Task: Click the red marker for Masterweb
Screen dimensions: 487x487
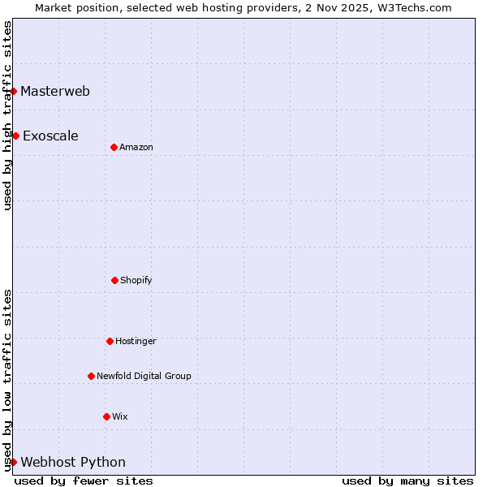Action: [x=14, y=91]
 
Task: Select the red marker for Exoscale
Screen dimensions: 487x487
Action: [x=15, y=136]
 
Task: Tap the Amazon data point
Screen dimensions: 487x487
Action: [x=114, y=147]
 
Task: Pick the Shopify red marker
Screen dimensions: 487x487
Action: [x=114, y=280]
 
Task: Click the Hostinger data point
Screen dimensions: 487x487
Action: [x=110, y=341]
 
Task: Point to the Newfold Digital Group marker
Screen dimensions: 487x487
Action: [x=91, y=376]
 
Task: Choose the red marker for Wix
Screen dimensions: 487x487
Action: [x=106, y=416]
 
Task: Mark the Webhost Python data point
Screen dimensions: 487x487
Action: [x=14, y=462]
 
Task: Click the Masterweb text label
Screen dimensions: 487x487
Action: [x=55, y=91]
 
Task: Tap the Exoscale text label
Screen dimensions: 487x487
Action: [x=50, y=136]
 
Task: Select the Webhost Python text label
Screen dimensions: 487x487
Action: [x=73, y=463]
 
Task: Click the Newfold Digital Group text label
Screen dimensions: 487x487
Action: [x=144, y=376]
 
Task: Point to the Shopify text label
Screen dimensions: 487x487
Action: [x=136, y=280]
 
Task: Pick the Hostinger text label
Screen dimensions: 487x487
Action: [x=136, y=341]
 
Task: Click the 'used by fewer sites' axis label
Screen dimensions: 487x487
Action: [x=84, y=481]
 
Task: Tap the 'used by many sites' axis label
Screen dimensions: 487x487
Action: [x=407, y=481]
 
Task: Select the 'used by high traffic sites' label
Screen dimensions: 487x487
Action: [x=7, y=115]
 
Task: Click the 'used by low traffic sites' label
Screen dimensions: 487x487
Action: [x=7, y=379]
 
